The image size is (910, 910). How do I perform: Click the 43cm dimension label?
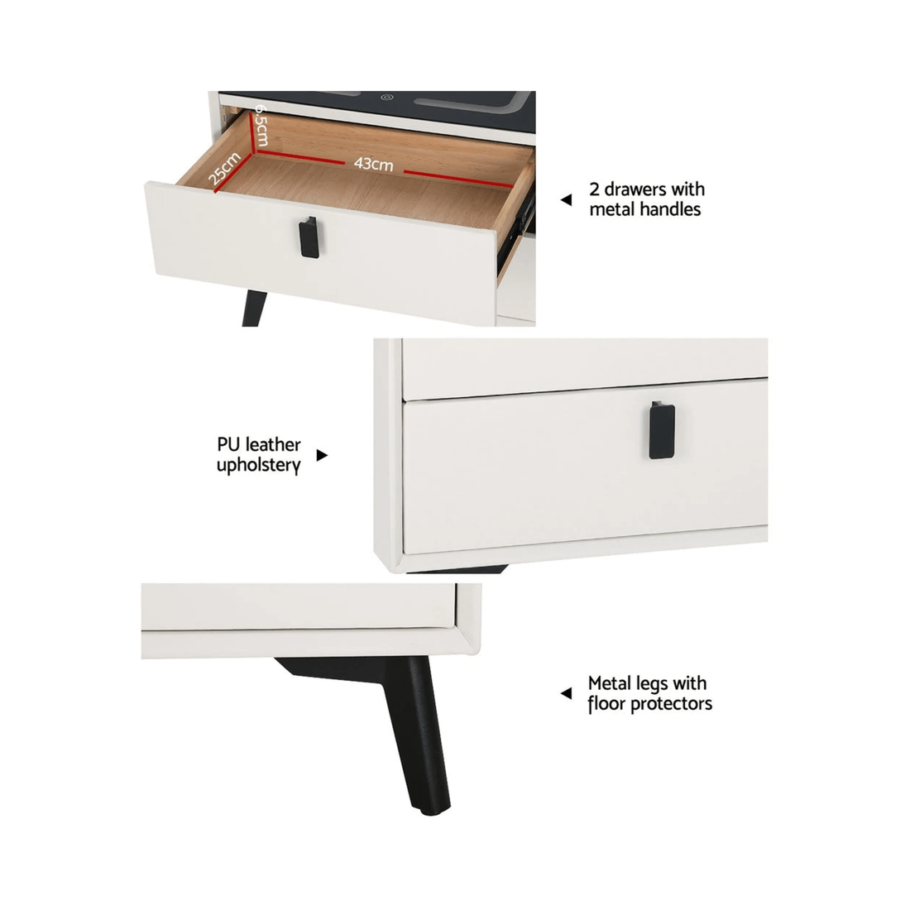point(374,165)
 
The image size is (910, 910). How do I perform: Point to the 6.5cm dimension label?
point(260,125)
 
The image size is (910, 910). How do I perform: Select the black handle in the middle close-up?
point(659,429)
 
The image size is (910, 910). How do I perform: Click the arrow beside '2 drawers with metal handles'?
point(566,200)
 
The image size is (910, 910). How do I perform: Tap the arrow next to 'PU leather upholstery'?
point(323,455)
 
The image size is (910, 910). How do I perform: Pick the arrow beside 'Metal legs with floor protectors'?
point(566,693)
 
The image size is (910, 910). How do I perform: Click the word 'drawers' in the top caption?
point(634,189)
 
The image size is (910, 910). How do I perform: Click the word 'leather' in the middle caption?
point(273,446)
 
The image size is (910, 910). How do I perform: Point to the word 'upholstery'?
point(258,466)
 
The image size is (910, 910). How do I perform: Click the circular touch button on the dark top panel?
point(386,97)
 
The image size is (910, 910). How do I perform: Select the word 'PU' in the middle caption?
point(228,446)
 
